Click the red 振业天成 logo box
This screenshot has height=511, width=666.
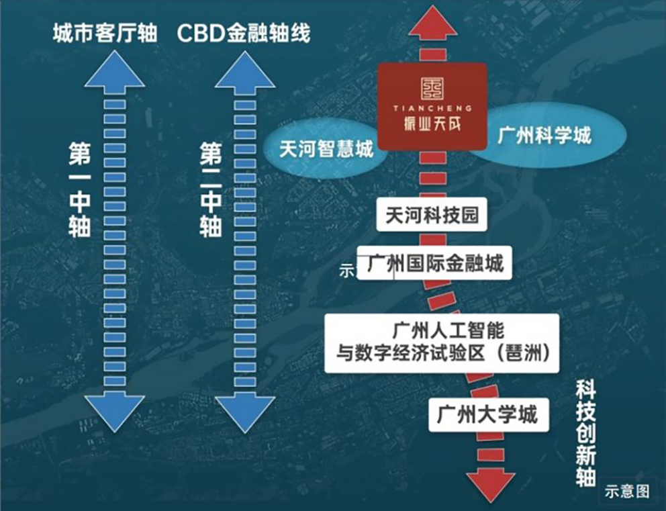pyautogui.click(x=432, y=106)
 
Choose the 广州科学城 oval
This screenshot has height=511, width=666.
pyautogui.click(x=544, y=136)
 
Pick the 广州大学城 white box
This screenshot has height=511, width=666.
pyautogui.click(x=487, y=414)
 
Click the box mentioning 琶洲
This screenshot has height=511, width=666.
pyautogui.click(x=442, y=342)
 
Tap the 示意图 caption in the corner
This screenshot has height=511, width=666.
pyautogui.click(x=627, y=491)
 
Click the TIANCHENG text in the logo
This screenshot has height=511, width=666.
pyautogui.click(x=432, y=107)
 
